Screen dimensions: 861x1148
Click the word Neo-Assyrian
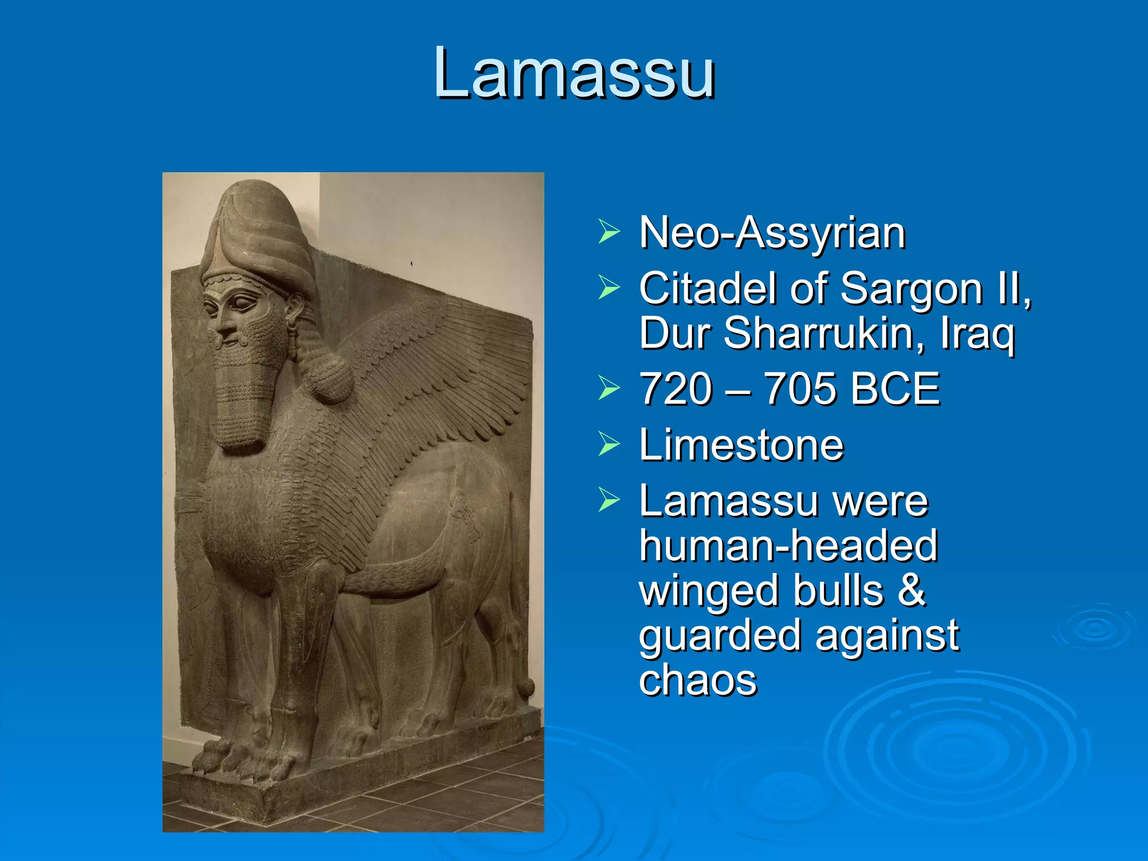(772, 233)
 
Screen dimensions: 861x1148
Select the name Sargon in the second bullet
(911, 289)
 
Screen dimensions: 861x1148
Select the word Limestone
(741, 445)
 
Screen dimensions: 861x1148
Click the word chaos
(698, 681)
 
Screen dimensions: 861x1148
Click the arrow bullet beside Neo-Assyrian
(609, 232)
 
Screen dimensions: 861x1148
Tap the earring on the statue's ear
(291, 325)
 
